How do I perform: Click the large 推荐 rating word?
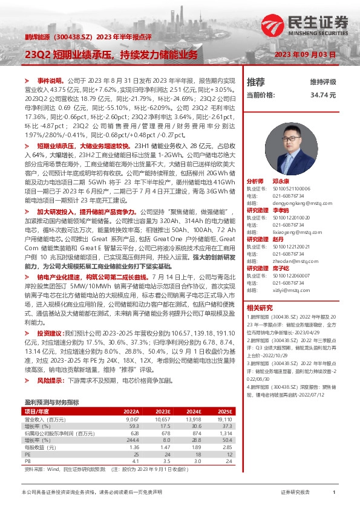(256, 82)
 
